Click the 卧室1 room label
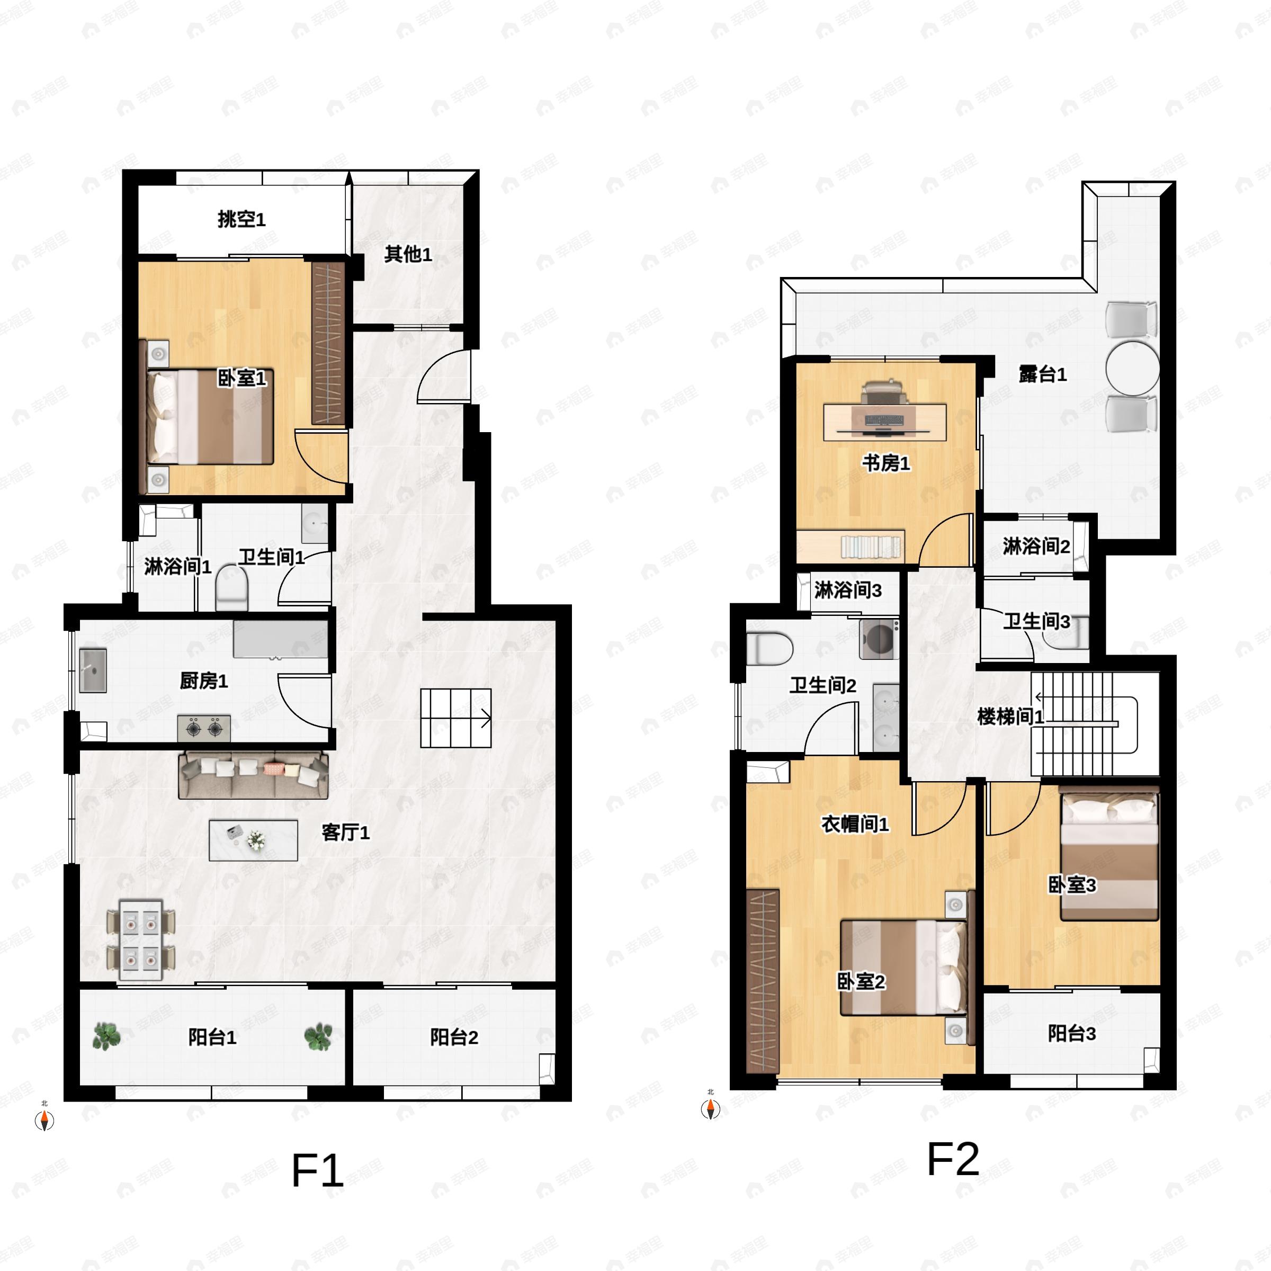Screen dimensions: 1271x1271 click(242, 378)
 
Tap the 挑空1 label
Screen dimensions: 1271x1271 click(241, 219)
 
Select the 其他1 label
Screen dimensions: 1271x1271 click(408, 254)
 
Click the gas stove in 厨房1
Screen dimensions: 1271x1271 click(204, 728)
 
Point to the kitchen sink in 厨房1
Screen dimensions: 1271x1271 click(93, 670)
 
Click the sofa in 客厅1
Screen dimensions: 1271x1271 click(253, 774)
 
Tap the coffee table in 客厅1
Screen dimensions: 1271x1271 click(253, 840)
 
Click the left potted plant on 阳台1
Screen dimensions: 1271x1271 click(106, 1036)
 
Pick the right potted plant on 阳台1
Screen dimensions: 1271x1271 click(318, 1036)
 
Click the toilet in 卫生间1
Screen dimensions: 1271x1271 click(231, 587)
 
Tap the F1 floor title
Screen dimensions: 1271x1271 click(317, 1171)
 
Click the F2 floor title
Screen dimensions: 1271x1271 click(953, 1159)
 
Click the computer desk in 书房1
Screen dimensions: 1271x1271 click(885, 422)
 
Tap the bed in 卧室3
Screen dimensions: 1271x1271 click(1110, 856)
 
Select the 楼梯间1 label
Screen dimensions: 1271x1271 click(1010, 717)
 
